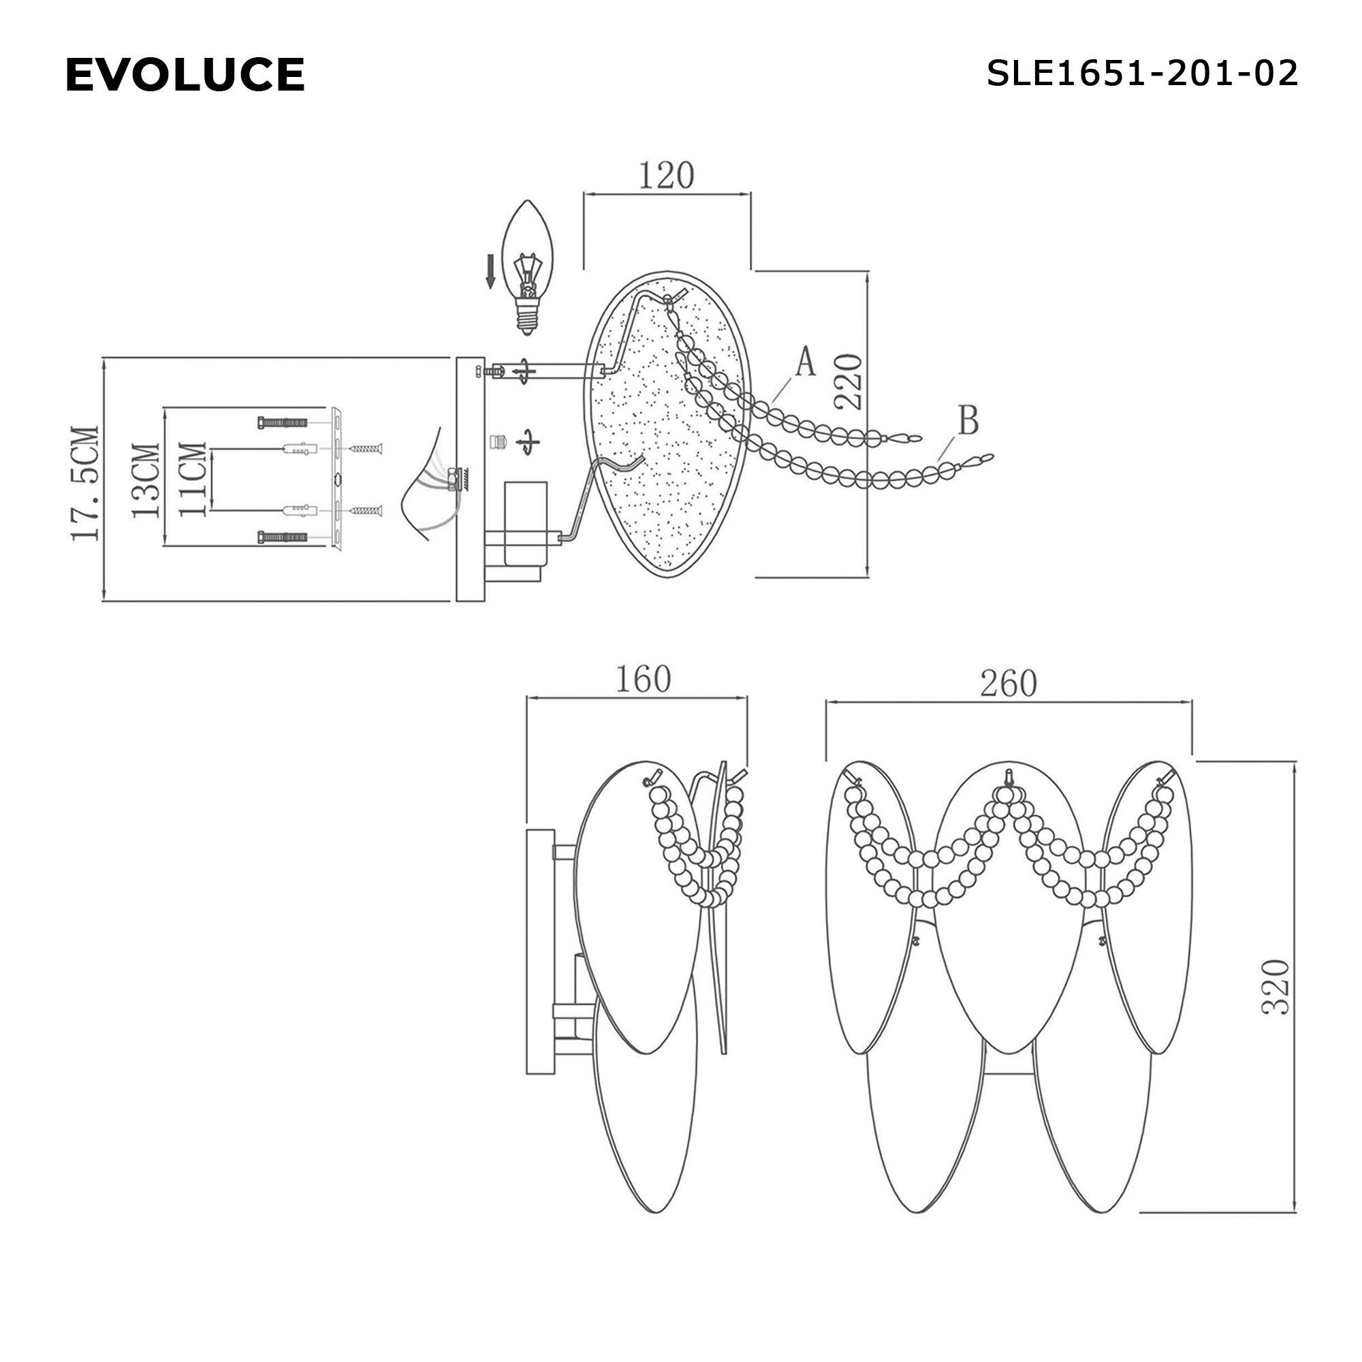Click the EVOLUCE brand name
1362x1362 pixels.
[185, 75]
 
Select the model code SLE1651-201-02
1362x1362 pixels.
[1141, 74]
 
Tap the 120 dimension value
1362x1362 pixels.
[666, 176]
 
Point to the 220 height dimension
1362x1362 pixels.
[849, 381]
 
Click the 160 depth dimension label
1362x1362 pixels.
[643, 679]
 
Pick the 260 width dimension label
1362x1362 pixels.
[1008, 683]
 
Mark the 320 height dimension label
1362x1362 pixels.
[1276, 986]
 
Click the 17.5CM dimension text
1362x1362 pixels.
[85, 483]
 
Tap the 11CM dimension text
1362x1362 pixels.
[193, 479]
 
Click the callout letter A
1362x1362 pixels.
[805, 362]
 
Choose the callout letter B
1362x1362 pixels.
[968, 420]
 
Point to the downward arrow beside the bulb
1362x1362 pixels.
[490, 272]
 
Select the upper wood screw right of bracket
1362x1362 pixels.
[365, 447]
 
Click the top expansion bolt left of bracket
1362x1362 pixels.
[283, 423]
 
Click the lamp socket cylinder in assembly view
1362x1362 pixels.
[526, 523]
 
